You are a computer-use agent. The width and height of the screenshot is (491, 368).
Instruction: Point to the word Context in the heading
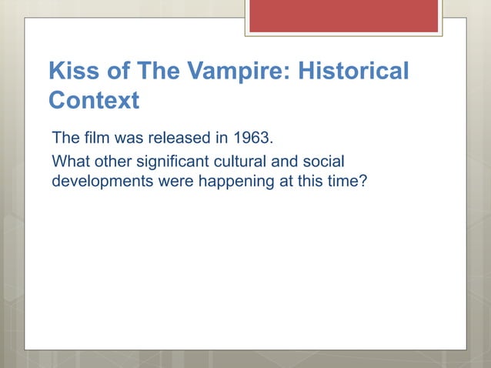pyautogui.click(x=93, y=100)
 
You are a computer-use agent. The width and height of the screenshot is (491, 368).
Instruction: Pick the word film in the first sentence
pyautogui.click(x=89, y=139)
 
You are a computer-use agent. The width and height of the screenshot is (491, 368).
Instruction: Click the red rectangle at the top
pyautogui.click(x=343, y=15)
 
